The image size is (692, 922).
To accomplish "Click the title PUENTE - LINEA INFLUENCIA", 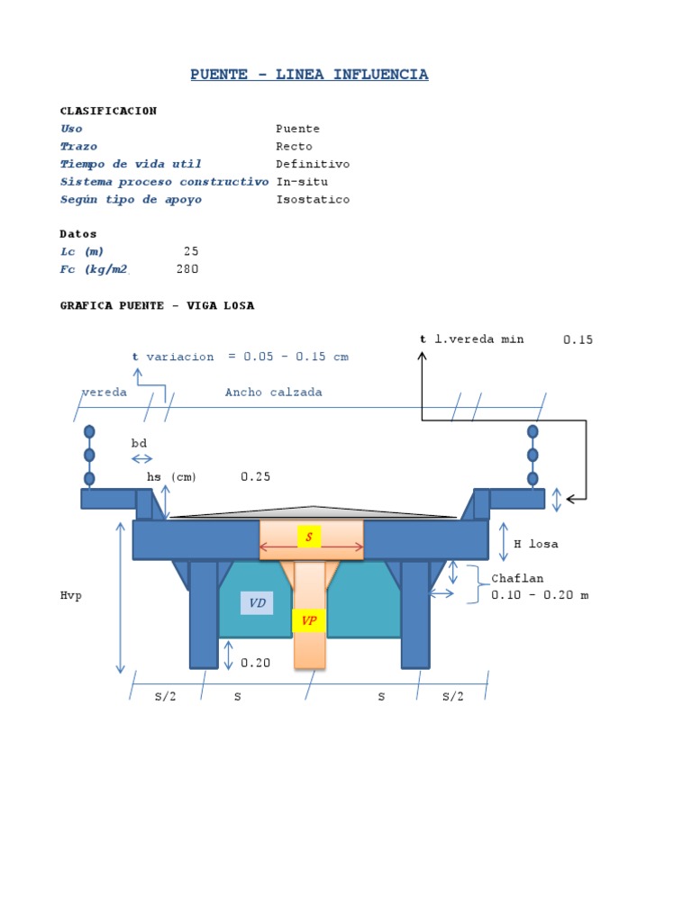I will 309,75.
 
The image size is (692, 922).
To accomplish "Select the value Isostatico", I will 313,200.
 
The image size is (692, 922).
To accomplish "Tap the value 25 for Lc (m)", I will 191,251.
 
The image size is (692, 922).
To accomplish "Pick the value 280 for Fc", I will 187,269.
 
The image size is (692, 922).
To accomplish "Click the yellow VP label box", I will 308,620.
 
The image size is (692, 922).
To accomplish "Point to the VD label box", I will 257,603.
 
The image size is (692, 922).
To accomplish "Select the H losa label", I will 536,544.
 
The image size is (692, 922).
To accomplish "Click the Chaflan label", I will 517,578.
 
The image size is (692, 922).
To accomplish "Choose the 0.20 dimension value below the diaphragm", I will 255,663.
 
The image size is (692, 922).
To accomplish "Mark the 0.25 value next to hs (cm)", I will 255,476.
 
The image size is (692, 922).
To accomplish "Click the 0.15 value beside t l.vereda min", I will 578,339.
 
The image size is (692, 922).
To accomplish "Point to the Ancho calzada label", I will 273,393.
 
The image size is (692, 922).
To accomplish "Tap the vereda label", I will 104,393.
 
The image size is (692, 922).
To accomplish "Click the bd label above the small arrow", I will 139,443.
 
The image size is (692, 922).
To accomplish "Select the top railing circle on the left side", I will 89,432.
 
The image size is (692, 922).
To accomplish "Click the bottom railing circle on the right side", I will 533,478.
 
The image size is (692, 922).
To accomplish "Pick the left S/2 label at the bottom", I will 165,697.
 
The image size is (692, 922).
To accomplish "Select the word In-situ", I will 302,182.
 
